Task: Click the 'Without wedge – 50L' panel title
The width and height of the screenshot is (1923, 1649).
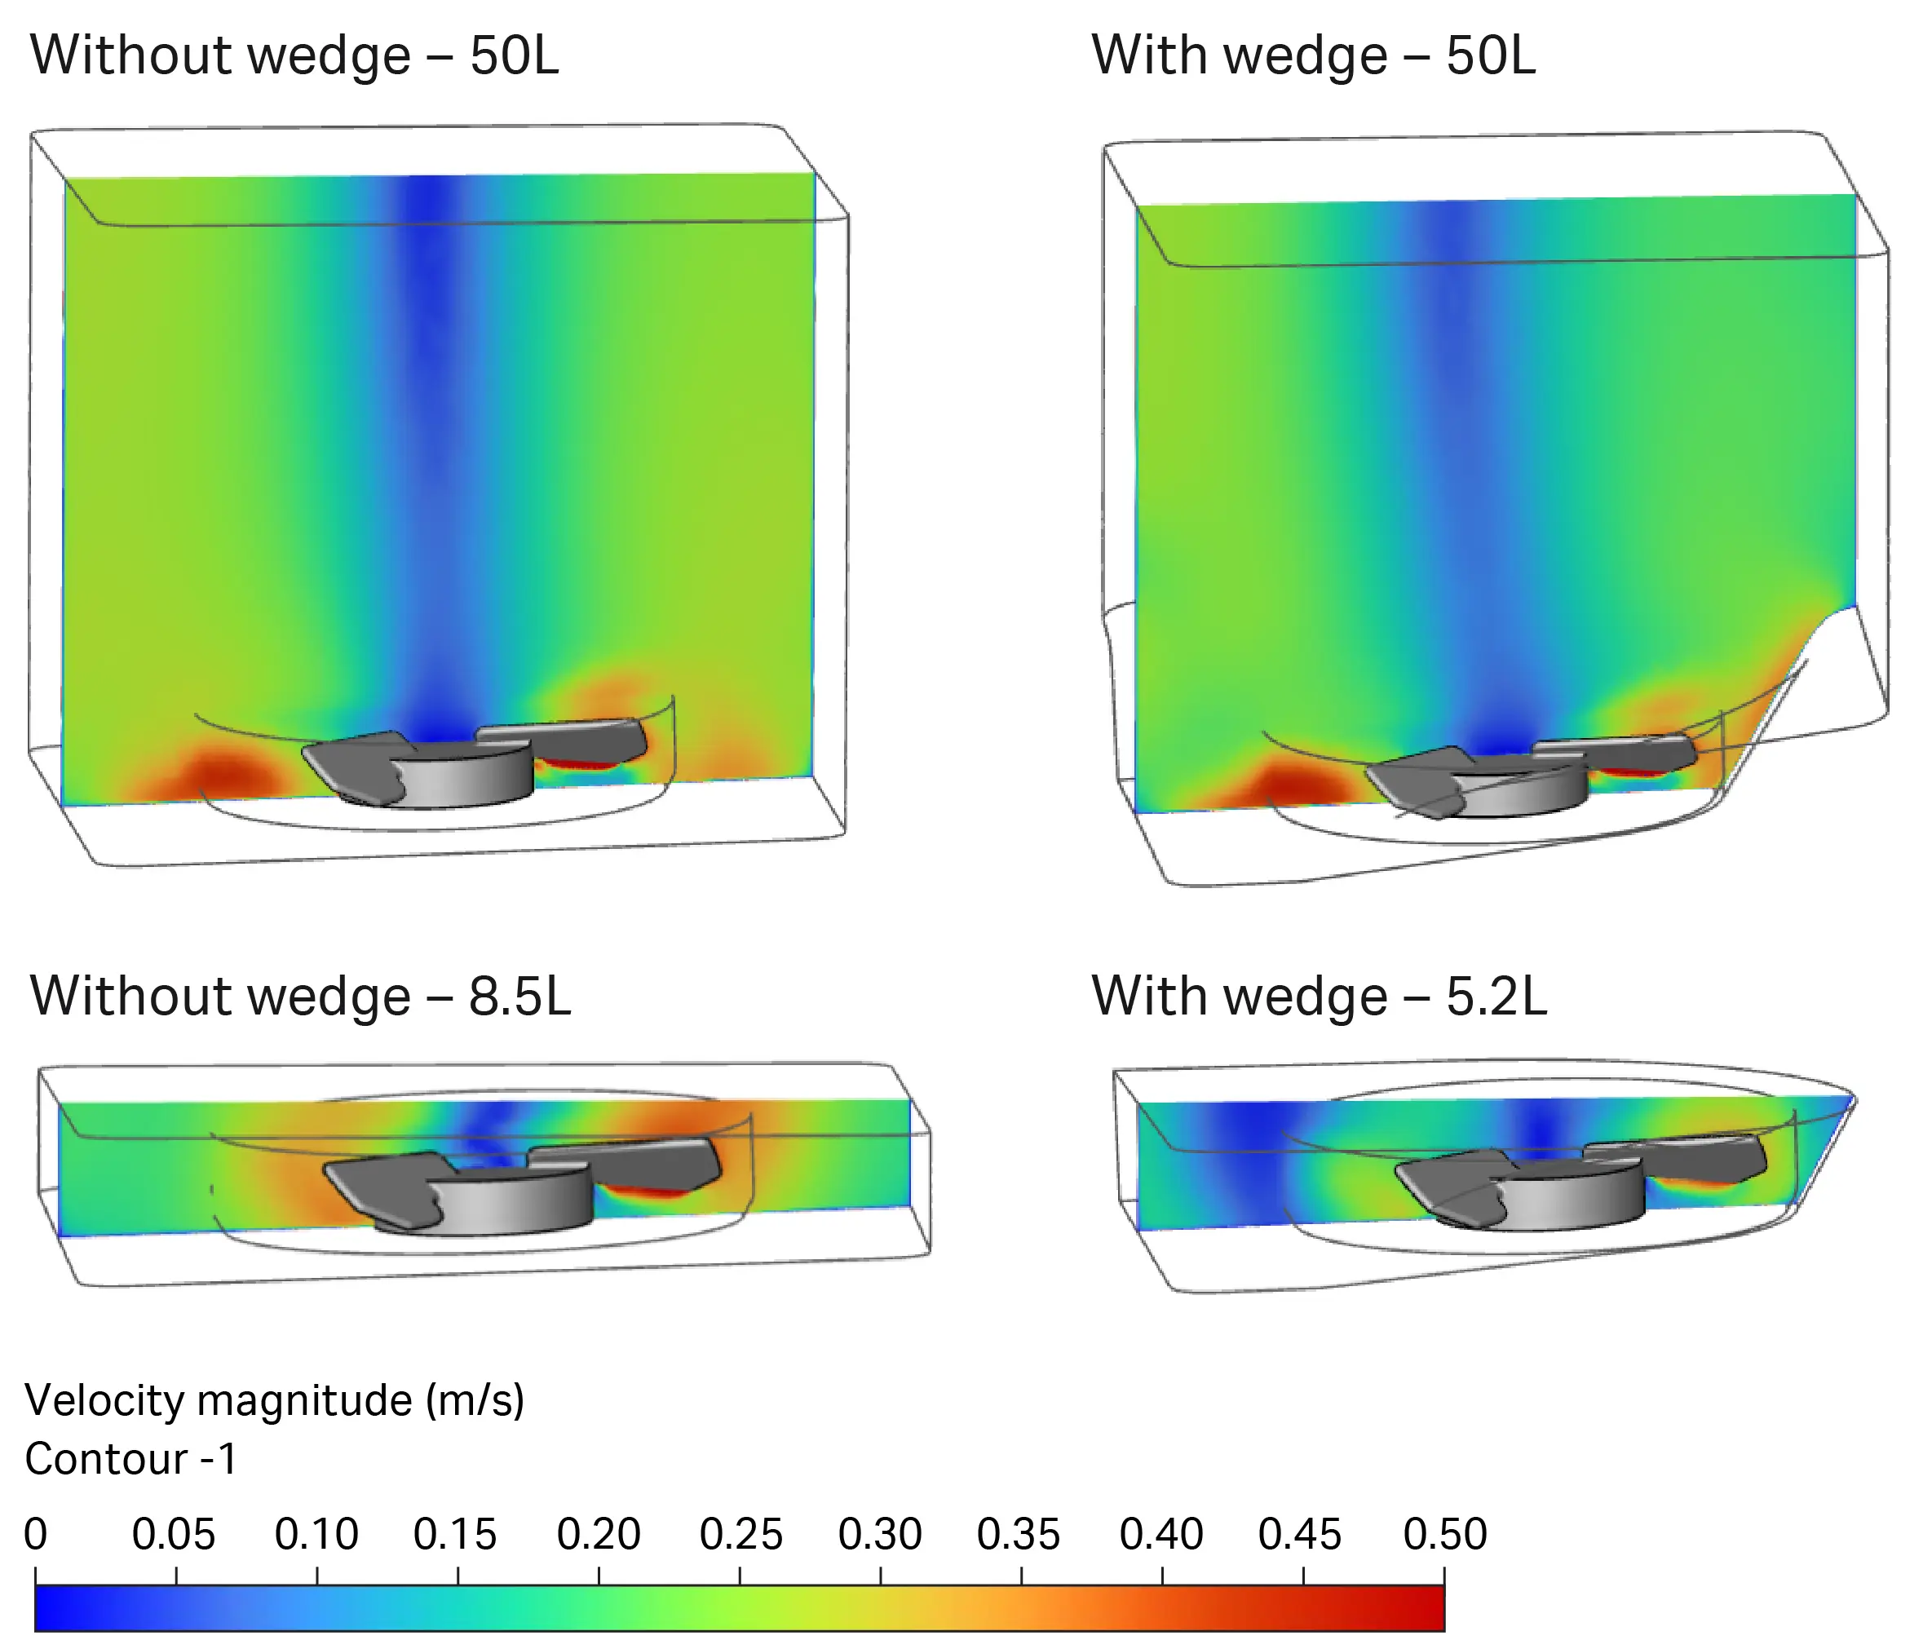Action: click(294, 55)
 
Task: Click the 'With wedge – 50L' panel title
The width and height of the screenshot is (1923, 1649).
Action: click(1313, 55)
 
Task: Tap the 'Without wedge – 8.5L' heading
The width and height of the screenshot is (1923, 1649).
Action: click(300, 997)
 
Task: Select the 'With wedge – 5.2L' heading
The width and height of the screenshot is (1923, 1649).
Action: click(1319, 997)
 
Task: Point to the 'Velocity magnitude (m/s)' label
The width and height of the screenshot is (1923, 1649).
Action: click(275, 1400)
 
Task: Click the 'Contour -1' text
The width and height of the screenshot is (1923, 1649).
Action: click(130, 1460)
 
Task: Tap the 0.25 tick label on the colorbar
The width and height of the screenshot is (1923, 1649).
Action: click(740, 1535)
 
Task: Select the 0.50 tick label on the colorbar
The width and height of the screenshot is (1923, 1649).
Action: click(1444, 1535)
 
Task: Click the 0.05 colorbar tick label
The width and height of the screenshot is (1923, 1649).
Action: click(174, 1535)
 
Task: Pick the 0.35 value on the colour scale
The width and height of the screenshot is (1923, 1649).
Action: click(1018, 1535)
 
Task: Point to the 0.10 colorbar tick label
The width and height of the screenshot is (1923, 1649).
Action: click(316, 1535)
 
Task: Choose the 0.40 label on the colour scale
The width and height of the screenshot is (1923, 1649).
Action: click(1161, 1535)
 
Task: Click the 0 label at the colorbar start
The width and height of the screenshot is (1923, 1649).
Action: click(35, 1535)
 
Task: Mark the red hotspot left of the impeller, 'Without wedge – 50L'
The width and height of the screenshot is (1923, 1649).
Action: click(228, 770)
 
